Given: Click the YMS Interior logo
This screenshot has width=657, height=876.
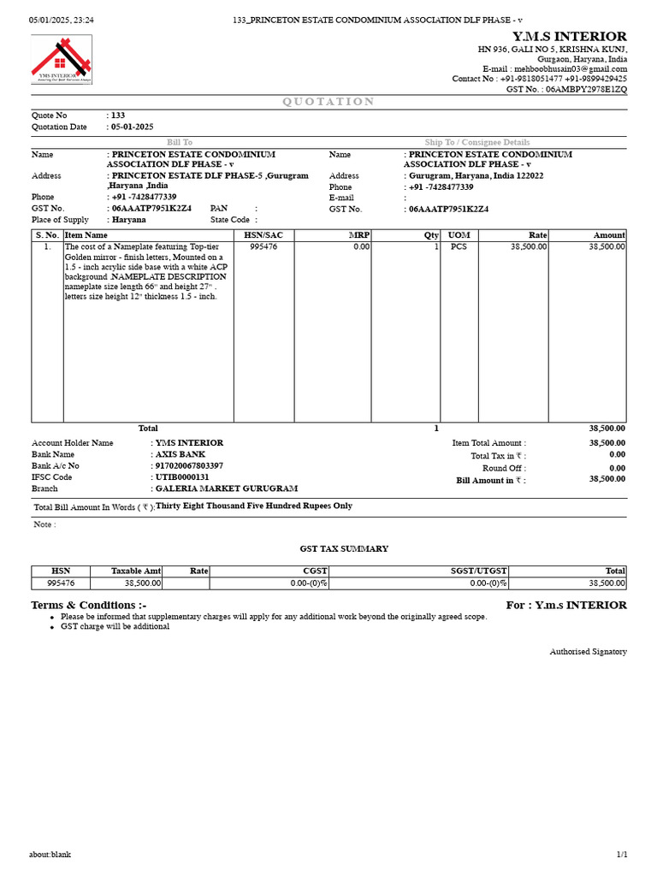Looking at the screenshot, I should click(62, 59).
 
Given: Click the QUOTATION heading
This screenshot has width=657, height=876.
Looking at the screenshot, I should click(328, 102).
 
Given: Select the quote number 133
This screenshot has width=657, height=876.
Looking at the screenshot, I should click(118, 115).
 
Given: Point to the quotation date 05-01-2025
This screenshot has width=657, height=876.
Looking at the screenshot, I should click(133, 127).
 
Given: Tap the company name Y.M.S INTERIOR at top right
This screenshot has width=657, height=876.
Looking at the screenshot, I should click(569, 36).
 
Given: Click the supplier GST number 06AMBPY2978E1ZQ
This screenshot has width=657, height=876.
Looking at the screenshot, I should click(586, 89).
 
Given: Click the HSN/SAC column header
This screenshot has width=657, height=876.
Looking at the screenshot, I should click(263, 235).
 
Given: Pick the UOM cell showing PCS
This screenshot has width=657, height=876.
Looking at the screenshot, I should click(459, 246).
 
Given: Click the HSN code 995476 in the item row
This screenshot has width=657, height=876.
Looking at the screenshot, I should click(263, 246).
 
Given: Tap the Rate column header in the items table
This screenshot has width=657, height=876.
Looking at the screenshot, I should click(537, 235).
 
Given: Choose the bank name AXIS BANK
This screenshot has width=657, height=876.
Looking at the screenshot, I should click(181, 454).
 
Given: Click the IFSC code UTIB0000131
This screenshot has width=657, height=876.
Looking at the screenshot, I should click(182, 476).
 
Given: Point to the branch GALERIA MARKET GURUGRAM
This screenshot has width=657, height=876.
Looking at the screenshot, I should click(227, 488).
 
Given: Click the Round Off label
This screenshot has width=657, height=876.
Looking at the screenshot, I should click(504, 469).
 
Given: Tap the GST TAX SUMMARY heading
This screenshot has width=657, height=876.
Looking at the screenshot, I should click(344, 548).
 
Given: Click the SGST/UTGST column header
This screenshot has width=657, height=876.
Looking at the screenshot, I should click(479, 571).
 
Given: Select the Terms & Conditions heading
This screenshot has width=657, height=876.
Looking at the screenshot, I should click(89, 605).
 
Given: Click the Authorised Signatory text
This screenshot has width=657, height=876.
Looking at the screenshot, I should click(588, 652).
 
